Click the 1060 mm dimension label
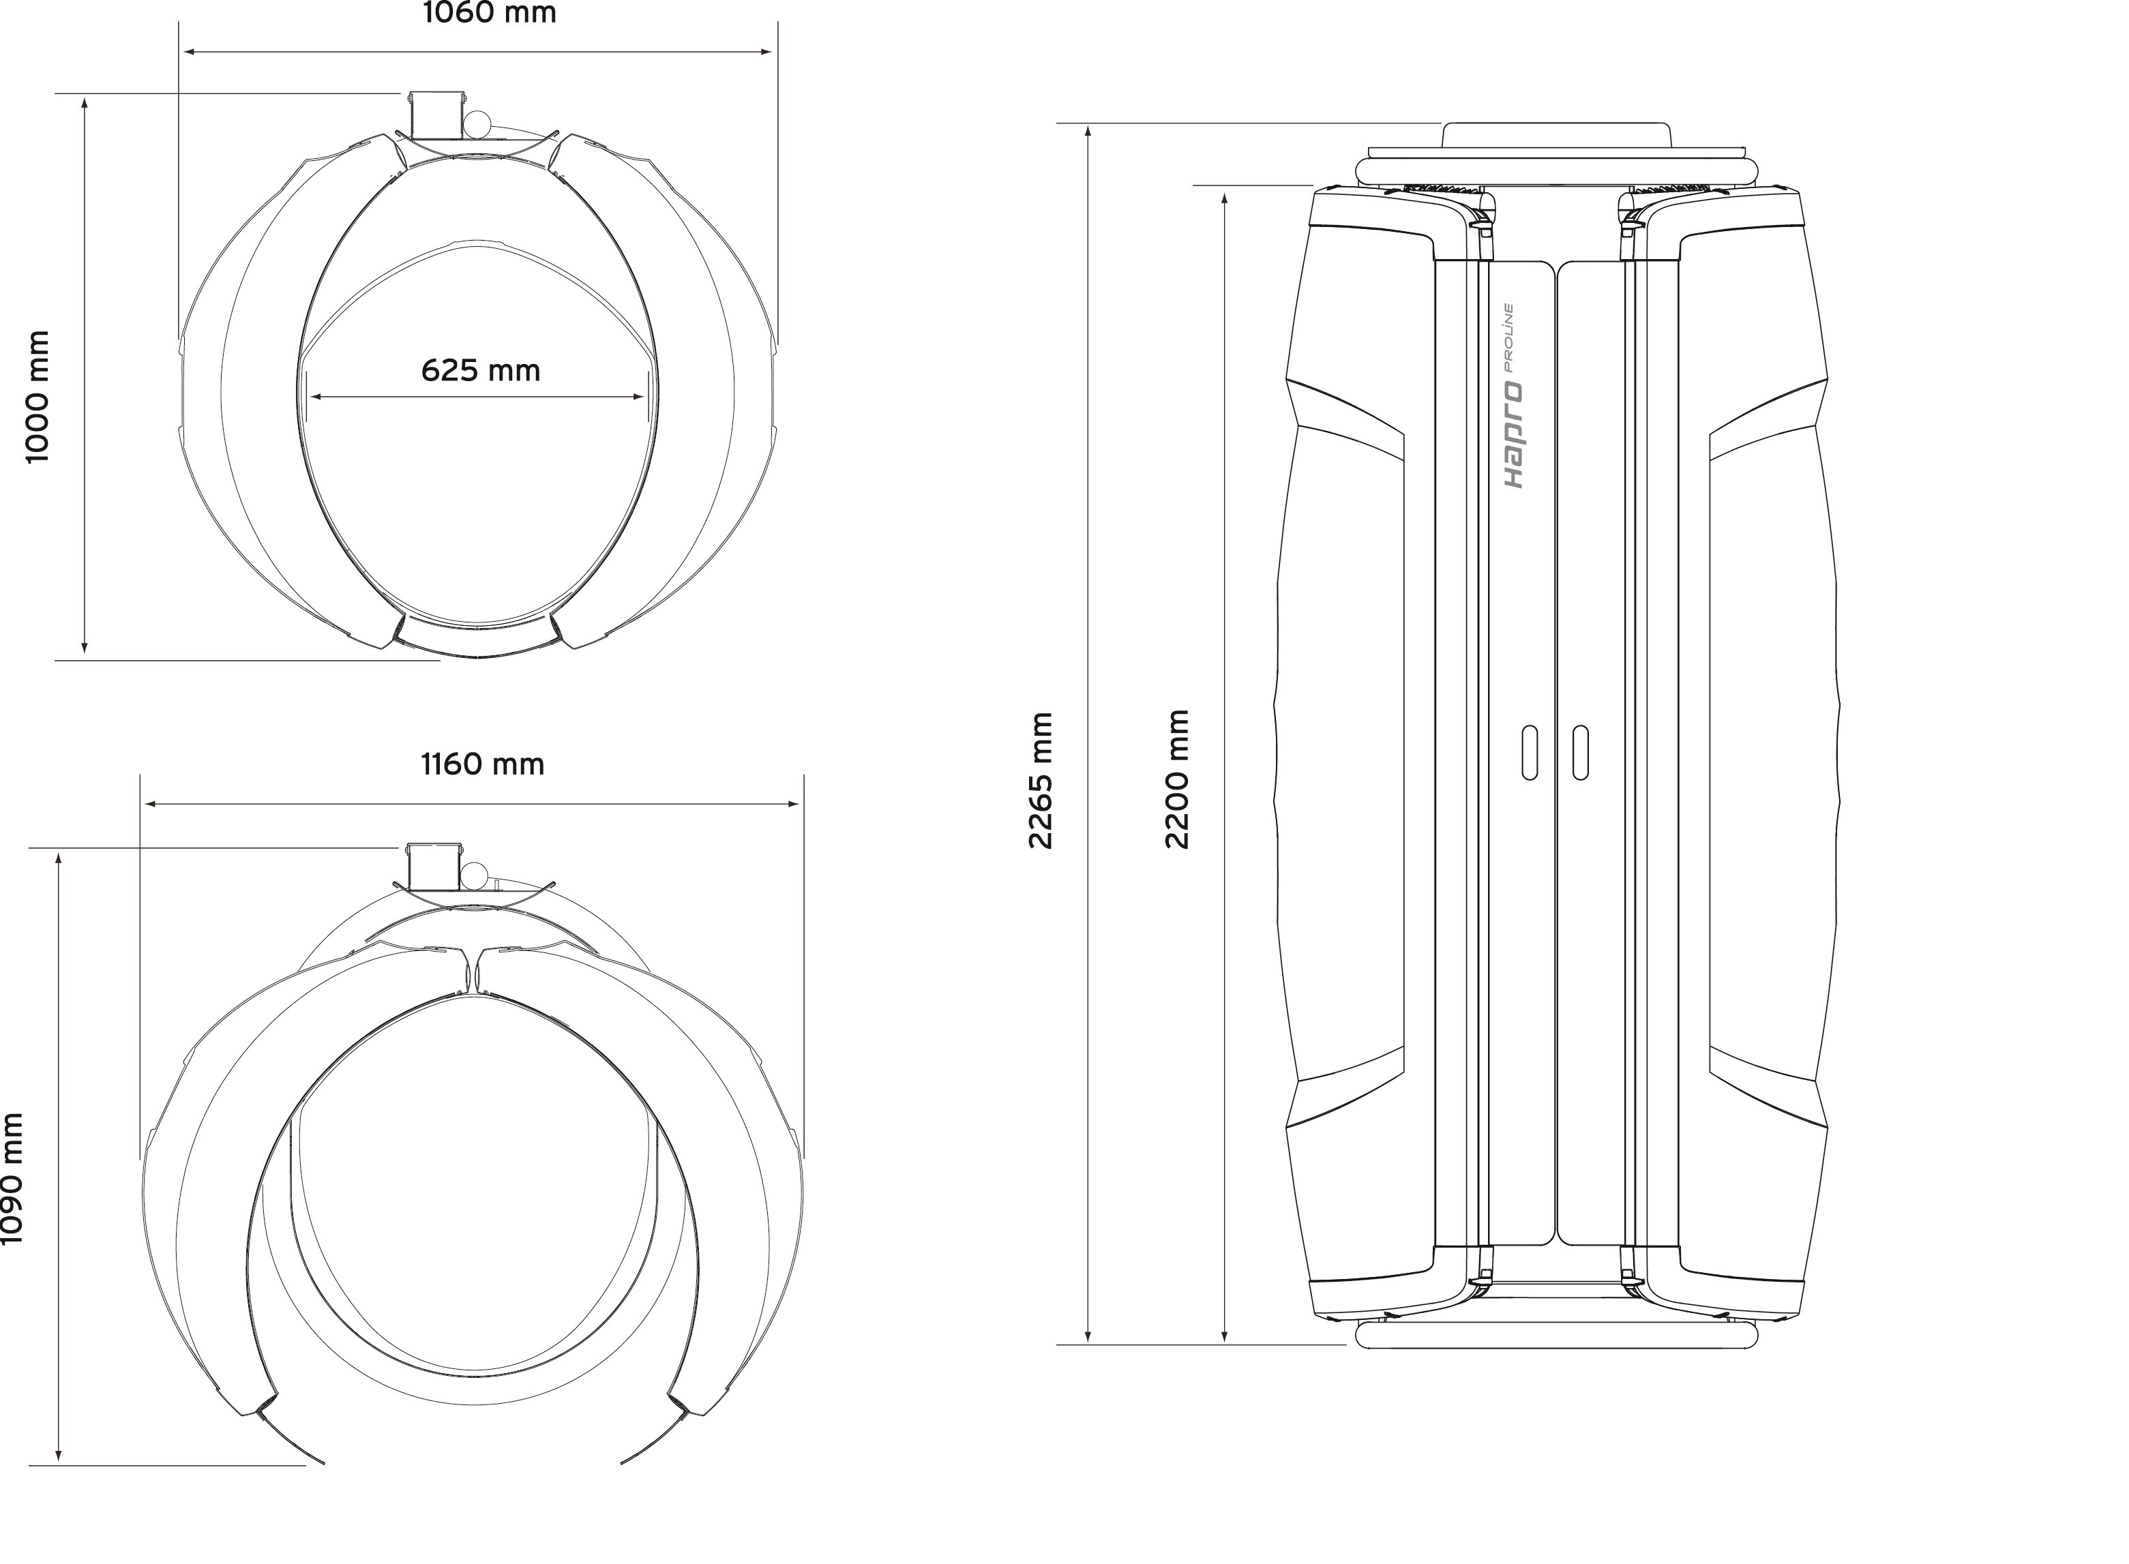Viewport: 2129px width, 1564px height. coord(489,13)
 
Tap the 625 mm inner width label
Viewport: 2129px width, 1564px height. coord(480,370)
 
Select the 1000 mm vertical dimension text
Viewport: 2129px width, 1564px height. coord(37,397)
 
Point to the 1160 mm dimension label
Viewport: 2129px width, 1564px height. coord(483,764)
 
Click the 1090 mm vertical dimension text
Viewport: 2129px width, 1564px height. coord(12,1179)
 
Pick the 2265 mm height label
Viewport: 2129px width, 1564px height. coord(1041,781)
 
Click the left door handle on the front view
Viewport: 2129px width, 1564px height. coord(1530,753)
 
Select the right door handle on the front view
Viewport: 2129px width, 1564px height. coord(1580,753)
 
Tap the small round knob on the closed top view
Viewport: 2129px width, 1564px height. coord(477,125)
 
